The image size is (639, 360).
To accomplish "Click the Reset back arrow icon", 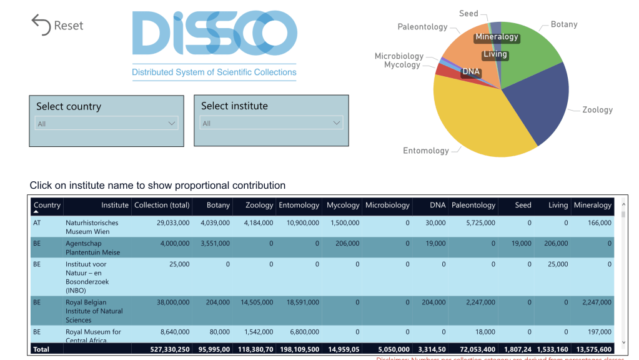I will [x=41, y=25].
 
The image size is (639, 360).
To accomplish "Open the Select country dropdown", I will [x=107, y=124].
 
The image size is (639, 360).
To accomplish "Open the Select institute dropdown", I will [x=272, y=123].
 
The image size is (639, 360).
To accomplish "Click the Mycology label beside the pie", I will [x=402, y=65].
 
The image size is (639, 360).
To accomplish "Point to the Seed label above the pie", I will [x=468, y=13].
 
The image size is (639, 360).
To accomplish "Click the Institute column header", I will [x=115, y=205].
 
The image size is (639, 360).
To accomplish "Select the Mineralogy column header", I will [x=592, y=205].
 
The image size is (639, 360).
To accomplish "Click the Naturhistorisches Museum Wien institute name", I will [x=92, y=227].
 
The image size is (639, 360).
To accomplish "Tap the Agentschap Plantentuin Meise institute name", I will [x=92, y=247].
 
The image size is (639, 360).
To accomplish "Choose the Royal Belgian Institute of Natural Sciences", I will [x=94, y=311].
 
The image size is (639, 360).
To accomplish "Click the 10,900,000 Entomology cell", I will [x=299, y=222].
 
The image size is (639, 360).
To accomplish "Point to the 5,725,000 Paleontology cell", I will [x=474, y=222].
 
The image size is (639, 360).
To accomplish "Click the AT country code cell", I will [x=37, y=222].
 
